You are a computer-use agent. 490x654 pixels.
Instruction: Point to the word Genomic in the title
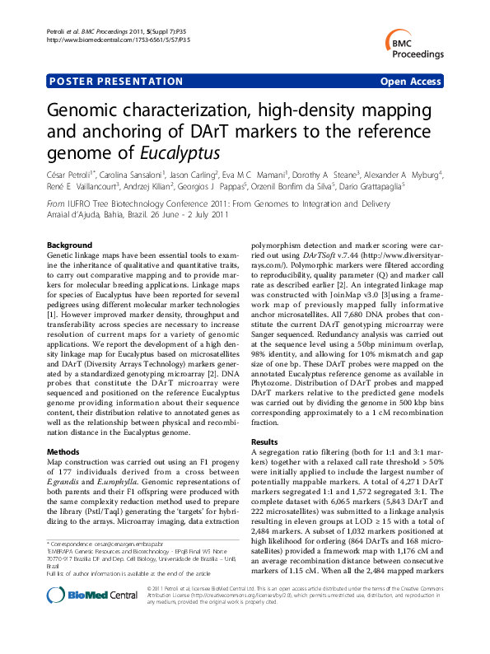86,110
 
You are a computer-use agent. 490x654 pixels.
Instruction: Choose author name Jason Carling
196,175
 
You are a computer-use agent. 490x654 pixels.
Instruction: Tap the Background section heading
70,245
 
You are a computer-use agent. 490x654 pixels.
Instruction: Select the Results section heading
264,442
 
